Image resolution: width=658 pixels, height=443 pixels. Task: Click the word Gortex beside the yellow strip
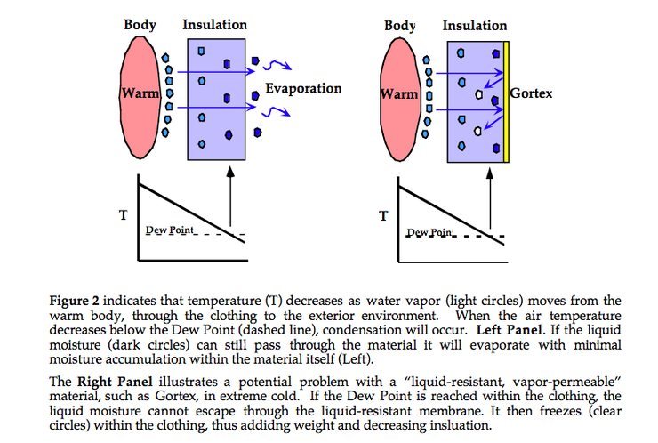point(531,93)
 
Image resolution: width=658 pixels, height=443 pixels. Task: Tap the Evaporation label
point(303,88)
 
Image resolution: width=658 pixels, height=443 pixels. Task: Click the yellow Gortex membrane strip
point(506,101)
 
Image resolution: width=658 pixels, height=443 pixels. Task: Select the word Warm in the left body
point(140,93)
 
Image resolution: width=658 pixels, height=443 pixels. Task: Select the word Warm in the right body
point(399,93)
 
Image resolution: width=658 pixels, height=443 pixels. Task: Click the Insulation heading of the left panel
point(214,25)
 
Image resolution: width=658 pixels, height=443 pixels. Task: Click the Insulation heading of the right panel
point(475,26)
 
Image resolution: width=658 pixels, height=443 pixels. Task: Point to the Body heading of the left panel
point(140,25)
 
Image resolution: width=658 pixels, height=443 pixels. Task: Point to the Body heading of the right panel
point(400,26)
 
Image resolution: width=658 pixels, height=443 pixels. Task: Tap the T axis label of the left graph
point(123,215)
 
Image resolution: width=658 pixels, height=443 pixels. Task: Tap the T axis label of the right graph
point(383,216)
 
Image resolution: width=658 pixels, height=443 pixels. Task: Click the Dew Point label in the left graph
point(170,230)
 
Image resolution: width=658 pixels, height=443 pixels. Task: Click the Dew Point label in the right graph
point(430,232)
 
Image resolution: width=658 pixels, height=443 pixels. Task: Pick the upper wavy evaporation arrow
point(277,65)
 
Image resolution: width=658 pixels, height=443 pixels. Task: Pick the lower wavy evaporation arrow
point(277,112)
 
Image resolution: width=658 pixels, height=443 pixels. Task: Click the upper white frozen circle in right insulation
point(478,94)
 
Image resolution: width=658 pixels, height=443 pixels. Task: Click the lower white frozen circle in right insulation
point(477,131)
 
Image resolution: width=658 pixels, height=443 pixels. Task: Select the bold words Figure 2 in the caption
point(75,301)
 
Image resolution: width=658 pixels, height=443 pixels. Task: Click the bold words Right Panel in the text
point(115,382)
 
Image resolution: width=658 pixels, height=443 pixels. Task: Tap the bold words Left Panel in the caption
point(509,330)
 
